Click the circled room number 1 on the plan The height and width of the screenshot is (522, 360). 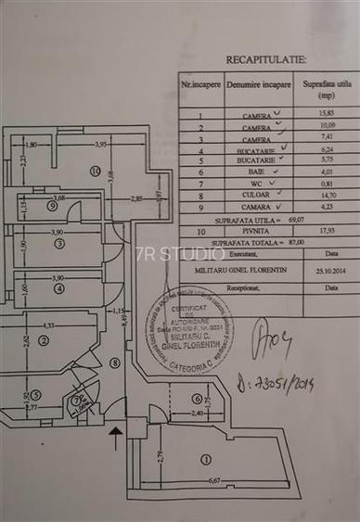coord(205,458)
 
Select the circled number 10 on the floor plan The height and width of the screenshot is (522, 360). coord(95,171)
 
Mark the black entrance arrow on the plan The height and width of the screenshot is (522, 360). coord(115,436)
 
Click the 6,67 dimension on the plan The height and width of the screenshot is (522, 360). coord(214,480)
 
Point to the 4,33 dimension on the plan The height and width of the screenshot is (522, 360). coord(49,325)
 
